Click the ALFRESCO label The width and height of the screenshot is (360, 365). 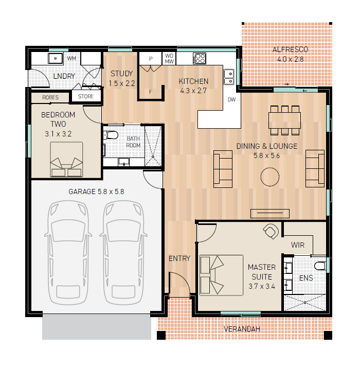290,49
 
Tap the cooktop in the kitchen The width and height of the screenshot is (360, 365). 200,58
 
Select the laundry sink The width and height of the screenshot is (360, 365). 56,58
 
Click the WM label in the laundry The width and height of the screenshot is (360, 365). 71,58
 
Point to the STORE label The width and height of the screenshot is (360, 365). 86,96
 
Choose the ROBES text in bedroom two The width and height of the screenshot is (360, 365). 50,97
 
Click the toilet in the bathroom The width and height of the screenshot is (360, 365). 111,135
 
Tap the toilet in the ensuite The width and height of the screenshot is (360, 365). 320,266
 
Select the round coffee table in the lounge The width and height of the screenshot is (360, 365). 270,177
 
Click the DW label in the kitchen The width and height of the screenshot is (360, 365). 231,100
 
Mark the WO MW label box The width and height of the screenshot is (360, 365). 169,58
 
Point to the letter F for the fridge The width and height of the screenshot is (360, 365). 151,92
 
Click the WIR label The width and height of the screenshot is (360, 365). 298,245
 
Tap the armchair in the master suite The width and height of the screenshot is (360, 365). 271,231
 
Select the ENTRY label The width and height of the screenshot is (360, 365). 179,258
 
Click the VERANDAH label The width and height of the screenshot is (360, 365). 242,329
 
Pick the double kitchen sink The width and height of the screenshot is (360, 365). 229,77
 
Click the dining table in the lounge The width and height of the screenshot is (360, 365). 284,120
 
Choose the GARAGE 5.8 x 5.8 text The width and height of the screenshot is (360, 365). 96,192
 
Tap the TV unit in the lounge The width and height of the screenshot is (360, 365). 270,214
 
